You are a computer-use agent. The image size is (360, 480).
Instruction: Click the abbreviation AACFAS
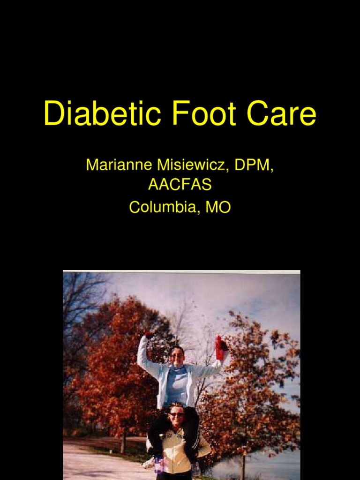[180, 185]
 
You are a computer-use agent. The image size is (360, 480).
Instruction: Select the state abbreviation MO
[218, 207]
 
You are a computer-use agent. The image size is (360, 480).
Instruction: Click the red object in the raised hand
[219, 347]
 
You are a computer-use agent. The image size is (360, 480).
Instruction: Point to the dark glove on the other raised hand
[149, 335]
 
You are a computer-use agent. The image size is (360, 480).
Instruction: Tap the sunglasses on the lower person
[177, 414]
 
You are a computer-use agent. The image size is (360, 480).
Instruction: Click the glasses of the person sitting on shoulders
[177, 356]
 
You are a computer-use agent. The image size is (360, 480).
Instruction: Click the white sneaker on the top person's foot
[149, 463]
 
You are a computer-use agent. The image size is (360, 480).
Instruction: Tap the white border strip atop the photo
[181, 272]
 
